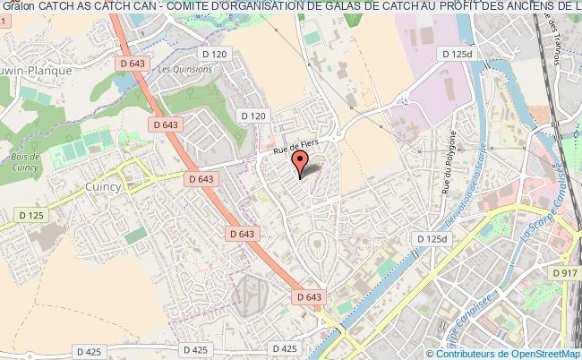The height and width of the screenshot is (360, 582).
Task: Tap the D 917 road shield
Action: click(565, 272)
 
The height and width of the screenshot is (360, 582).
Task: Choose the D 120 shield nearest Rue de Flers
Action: click(254, 116)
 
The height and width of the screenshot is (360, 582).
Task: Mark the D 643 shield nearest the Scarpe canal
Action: click(307, 296)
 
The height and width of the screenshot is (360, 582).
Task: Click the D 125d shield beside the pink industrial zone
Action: click(455, 55)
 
